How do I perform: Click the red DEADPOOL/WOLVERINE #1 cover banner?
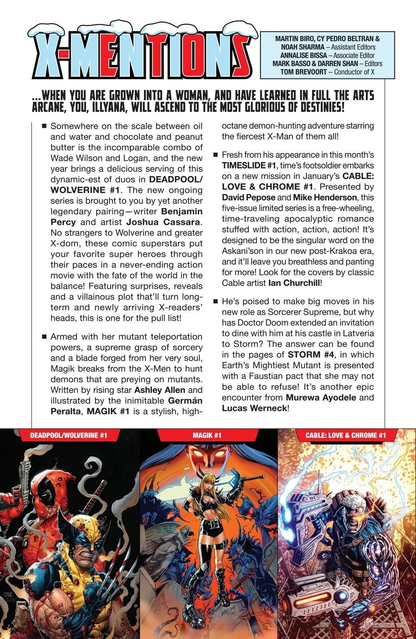[x=68, y=435]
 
